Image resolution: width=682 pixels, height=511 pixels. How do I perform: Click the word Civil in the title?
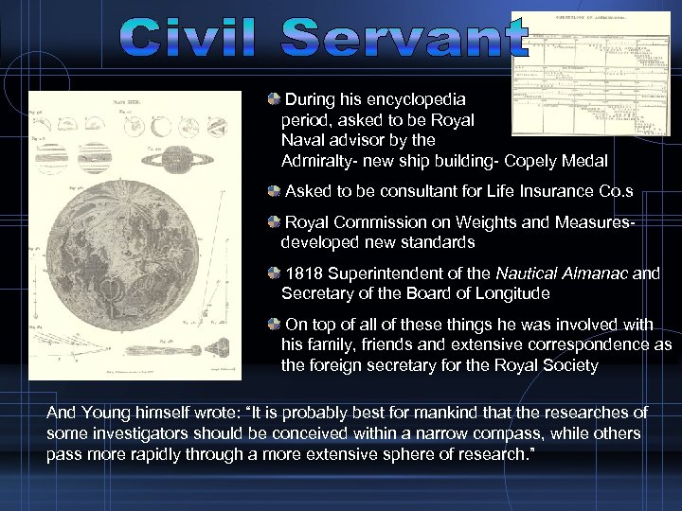tap(194, 39)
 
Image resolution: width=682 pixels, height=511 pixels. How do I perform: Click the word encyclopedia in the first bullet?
tap(414, 98)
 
